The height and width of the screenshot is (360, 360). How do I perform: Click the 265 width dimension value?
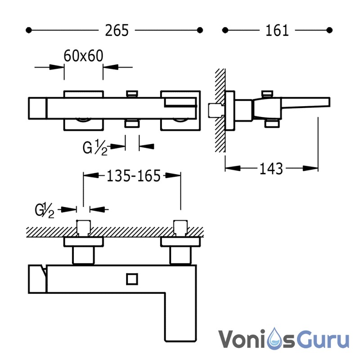pos(117,30)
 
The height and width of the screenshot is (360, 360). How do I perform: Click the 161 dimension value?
pos(277,30)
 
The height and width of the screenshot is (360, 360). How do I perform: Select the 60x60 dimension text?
pos(83,56)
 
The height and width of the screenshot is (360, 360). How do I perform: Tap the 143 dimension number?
pos(271,169)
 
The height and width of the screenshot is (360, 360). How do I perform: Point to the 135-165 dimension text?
pos(134,176)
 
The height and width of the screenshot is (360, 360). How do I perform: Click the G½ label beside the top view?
pos(95,148)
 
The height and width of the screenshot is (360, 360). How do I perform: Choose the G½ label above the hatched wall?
pos(45,210)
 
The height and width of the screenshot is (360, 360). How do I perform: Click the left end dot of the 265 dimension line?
pos(29,30)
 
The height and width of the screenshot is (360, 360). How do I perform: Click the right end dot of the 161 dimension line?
pos(329,30)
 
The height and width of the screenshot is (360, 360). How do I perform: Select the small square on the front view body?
pos(132,279)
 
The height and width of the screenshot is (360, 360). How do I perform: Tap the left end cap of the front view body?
pos(37,279)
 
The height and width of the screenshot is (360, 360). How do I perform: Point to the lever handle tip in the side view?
pos(329,102)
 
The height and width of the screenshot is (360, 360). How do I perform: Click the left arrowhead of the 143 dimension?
pos(233,168)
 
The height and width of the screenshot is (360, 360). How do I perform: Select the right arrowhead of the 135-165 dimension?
pos(173,175)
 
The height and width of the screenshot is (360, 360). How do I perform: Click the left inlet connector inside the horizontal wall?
pos(84,228)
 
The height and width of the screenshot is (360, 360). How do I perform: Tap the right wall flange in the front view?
pos(180,242)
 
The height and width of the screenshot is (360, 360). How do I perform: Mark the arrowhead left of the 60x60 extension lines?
pos(57,67)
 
